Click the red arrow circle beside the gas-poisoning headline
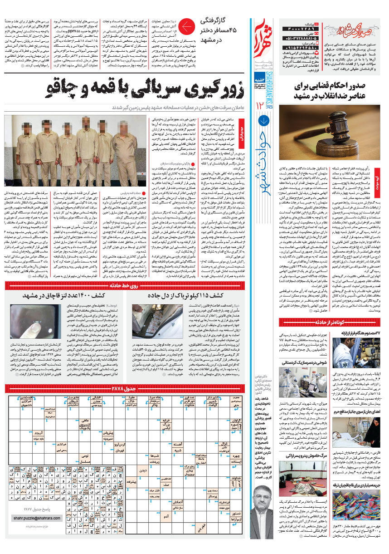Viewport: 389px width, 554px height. (185, 27)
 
